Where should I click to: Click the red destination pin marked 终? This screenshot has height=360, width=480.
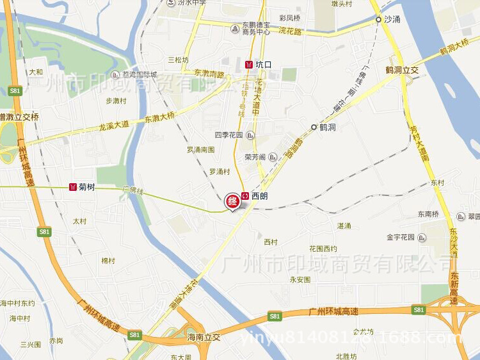[x=232, y=201]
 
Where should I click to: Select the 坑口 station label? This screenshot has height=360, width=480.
[x=263, y=65]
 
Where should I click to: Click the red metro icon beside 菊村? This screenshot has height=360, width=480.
[x=73, y=187]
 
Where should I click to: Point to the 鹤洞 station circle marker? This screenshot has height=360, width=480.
[x=314, y=127]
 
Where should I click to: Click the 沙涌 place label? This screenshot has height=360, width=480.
[x=392, y=20]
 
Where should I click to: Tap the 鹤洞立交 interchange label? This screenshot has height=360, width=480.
[x=402, y=69]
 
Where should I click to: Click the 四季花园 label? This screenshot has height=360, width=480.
[x=228, y=136]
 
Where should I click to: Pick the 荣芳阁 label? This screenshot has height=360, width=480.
[x=256, y=156]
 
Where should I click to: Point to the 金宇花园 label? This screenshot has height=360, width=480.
[x=401, y=238]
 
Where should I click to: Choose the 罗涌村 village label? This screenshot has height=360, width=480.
[x=220, y=172]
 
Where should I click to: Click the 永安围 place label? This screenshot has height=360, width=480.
[x=300, y=280]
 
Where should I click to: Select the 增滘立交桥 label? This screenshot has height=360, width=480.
[x=20, y=117]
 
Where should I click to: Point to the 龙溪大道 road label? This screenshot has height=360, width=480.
[x=113, y=125]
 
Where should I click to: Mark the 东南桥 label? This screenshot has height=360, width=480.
[x=429, y=214]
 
